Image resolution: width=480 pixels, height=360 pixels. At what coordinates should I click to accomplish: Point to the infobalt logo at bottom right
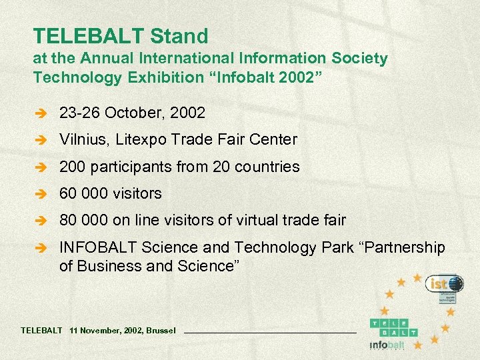pos(387,345)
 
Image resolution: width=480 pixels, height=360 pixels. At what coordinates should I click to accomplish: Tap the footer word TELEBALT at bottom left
pos(42,330)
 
